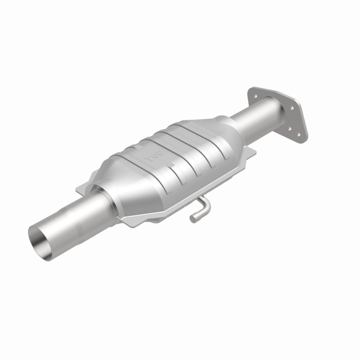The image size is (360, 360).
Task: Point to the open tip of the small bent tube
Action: coord(193,219)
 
